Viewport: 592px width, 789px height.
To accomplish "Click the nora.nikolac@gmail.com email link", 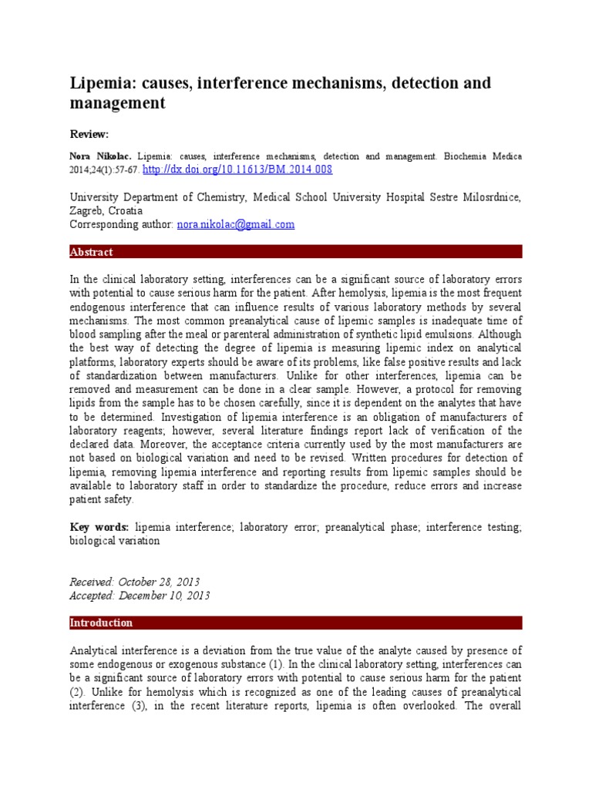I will point(235,224).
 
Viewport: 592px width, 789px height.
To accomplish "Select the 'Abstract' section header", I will point(91,252).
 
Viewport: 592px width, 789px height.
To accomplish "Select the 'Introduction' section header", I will point(101,623).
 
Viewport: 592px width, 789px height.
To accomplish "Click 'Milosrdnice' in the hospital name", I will point(490,197).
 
